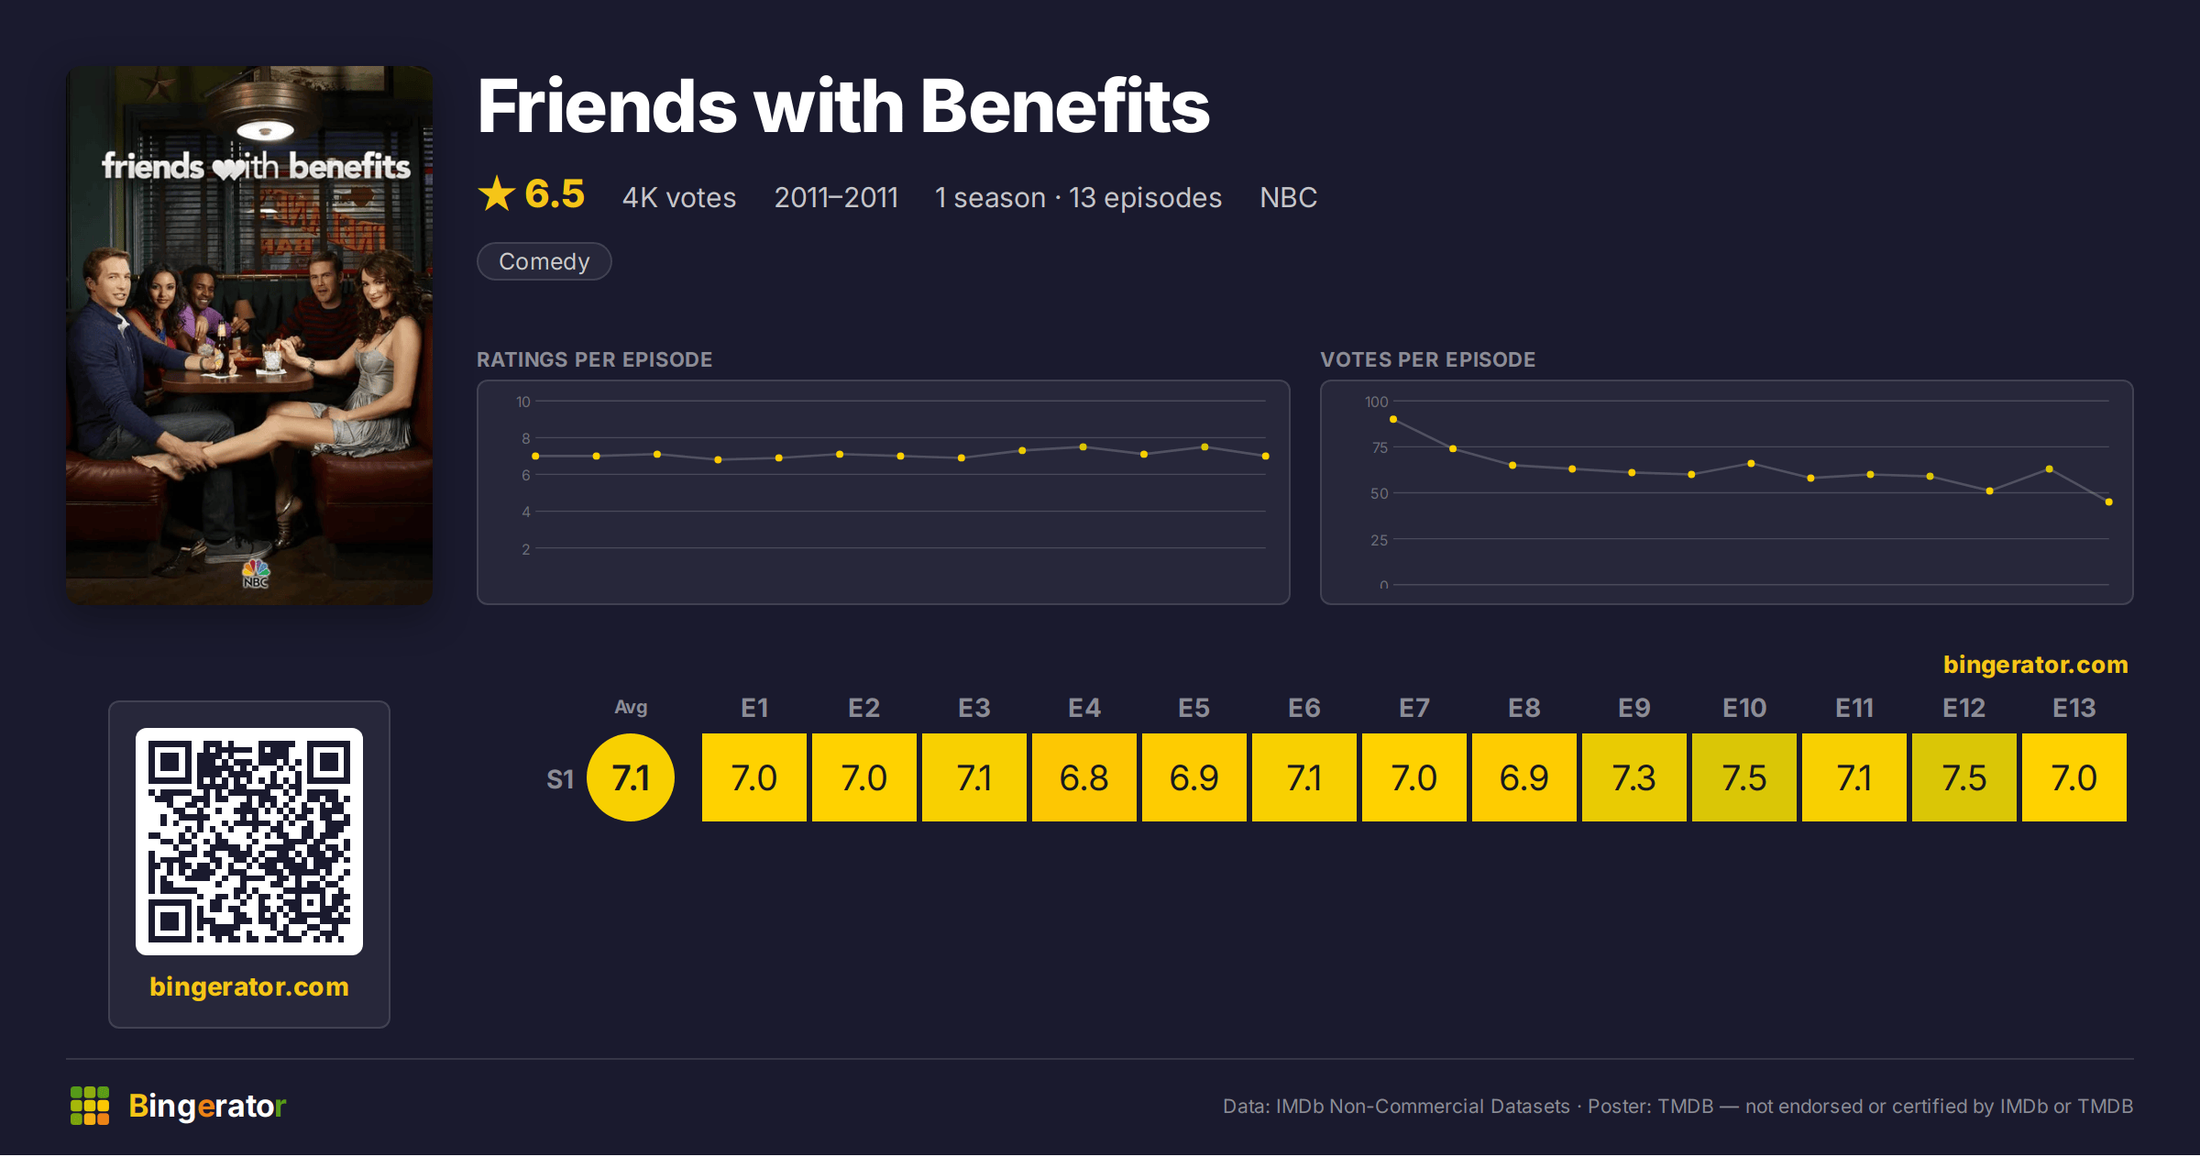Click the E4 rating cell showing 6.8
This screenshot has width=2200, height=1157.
click(x=1083, y=777)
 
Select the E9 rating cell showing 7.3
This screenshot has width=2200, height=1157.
click(x=1633, y=777)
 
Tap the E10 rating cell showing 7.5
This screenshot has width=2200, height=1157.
click(x=1743, y=777)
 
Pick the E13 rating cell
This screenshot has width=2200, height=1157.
click(x=2073, y=777)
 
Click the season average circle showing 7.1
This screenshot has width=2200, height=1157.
click(x=631, y=777)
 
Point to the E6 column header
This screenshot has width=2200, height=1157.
click(x=1303, y=708)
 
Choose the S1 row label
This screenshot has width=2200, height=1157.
click(x=560, y=779)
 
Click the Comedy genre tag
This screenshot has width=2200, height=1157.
click(x=544, y=261)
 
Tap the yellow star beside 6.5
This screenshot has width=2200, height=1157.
click(x=497, y=193)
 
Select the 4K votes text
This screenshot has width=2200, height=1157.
click(x=679, y=197)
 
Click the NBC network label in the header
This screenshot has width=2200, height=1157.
click(x=1288, y=197)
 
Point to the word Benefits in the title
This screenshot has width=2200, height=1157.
click(x=1064, y=106)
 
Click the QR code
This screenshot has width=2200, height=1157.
click(x=249, y=842)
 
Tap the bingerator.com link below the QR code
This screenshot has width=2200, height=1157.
click(x=249, y=986)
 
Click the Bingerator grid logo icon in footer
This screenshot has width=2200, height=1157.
click(x=90, y=1106)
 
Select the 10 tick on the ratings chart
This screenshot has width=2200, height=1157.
click(x=523, y=402)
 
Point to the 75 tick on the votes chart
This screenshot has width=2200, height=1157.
click(x=1380, y=447)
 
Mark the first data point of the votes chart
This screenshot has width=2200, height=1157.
click(x=1393, y=419)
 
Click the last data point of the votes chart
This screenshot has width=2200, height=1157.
click(x=2109, y=501)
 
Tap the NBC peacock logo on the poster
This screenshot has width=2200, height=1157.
click(x=256, y=574)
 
